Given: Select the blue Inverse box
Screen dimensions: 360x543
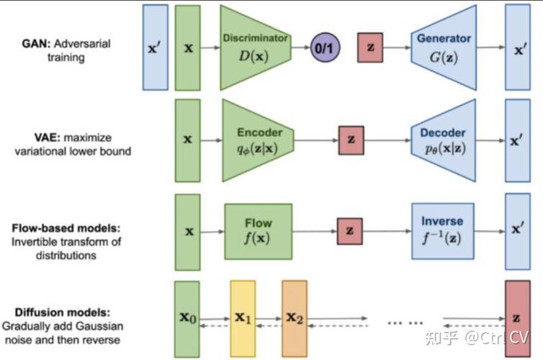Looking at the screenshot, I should (443, 231).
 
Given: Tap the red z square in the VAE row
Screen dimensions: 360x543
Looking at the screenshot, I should (352, 140).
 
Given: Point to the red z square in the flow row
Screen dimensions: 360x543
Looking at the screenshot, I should (349, 231).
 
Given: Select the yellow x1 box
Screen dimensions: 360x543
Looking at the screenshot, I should (243, 318).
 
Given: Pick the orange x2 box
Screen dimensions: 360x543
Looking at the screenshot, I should (295, 318).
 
